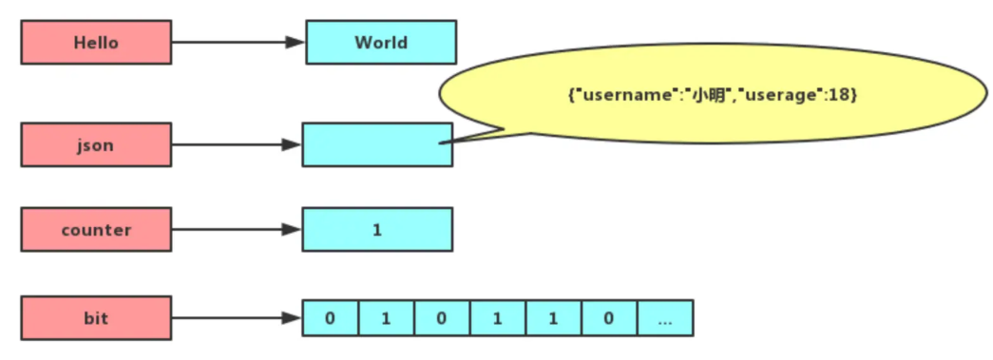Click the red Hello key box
pyautogui.click(x=96, y=43)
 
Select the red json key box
pyautogui.click(x=96, y=144)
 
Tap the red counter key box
pyautogui.click(x=96, y=230)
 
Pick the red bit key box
pyautogui.click(x=96, y=317)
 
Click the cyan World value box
pyautogui.click(x=380, y=43)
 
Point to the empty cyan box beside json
pyautogui.click(x=377, y=144)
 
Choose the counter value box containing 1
pyautogui.click(x=377, y=230)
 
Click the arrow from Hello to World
pyautogui.click(x=238, y=43)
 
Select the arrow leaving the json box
pyautogui.click(x=237, y=144)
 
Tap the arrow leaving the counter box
pyautogui.click(x=237, y=230)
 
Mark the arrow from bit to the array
pyautogui.click(x=237, y=317)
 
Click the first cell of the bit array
pyautogui.click(x=331, y=317)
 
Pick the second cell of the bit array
pyautogui.click(x=386, y=317)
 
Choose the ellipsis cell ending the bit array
pyautogui.click(x=665, y=317)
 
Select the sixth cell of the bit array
pyautogui.click(x=609, y=317)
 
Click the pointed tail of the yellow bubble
pyautogui.click(x=456, y=141)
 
